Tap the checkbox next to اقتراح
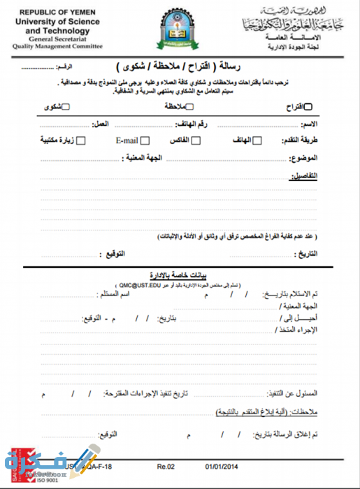pyautogui.click(x=309, y=107)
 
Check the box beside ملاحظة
pyautogui.click(x=188, y=107)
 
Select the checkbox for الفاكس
pyautogui.click(x=194, y=140)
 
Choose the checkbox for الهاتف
pyautogui.click(x=257, y=140)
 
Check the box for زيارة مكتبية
pyautogui.click(x=81, y=140)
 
